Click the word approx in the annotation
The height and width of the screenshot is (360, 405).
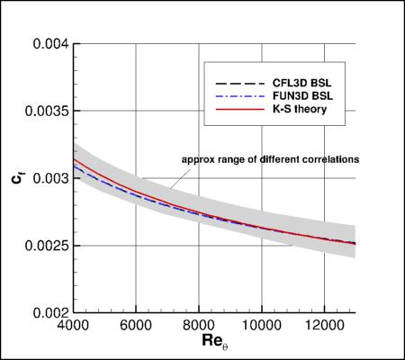pyautogui.click(x=198, y=159)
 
